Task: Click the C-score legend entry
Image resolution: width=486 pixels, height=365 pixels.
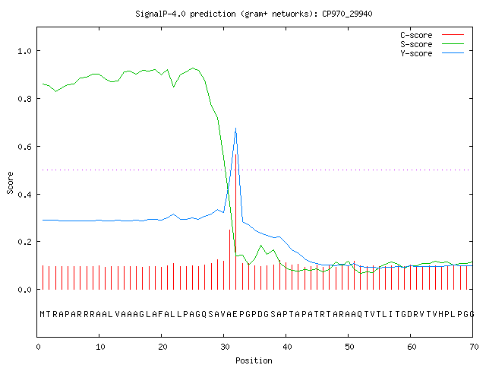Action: [432, 35]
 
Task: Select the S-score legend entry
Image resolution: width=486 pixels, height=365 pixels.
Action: [432, 44]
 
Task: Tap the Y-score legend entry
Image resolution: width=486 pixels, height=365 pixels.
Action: [432, 53]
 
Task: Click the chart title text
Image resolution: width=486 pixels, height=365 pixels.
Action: [254, 14]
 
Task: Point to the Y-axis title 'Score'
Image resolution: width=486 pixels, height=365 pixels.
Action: [10, 182]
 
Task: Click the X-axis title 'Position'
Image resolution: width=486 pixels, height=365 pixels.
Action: [254, 360]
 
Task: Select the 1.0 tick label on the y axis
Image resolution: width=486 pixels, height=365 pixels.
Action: [24, 51]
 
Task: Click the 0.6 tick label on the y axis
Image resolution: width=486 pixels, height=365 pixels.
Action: [24, 147]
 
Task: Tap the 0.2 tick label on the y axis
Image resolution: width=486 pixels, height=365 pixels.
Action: [24, 242]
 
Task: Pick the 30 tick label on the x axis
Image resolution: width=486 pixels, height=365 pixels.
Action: [225, 347]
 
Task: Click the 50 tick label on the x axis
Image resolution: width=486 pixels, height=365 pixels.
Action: [349, 347]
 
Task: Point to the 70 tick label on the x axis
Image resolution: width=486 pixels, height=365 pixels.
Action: [474, 347]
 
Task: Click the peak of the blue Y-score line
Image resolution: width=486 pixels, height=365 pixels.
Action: [236, 129]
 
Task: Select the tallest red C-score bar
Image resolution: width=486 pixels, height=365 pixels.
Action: [236, 221]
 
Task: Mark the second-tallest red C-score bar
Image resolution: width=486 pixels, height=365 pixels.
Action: [229, 259]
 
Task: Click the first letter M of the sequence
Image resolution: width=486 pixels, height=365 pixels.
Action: [43, 314]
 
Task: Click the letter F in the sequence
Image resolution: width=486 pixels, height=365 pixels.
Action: [161, 314]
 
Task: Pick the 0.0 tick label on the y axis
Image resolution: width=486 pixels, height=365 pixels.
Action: [24, 290]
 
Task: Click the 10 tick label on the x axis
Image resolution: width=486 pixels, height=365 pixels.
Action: [100, 347]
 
